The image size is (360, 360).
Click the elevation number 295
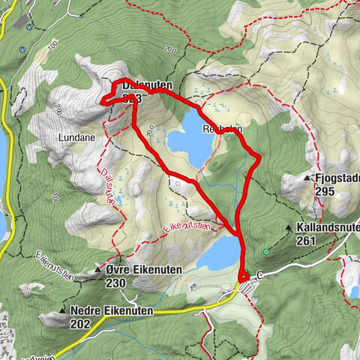(325, 192)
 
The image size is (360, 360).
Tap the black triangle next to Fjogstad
(307, 178)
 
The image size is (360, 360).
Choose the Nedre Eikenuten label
(111, 310)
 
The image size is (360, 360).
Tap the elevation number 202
(79, 324)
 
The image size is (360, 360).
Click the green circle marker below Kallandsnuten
(267, 251)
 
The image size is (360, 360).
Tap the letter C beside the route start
(259, 276)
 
